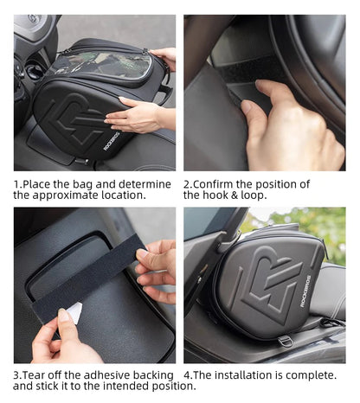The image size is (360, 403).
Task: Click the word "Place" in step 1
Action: click(x=43, y=184)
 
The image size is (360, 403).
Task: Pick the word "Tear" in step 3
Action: click(x=41, y=374)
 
